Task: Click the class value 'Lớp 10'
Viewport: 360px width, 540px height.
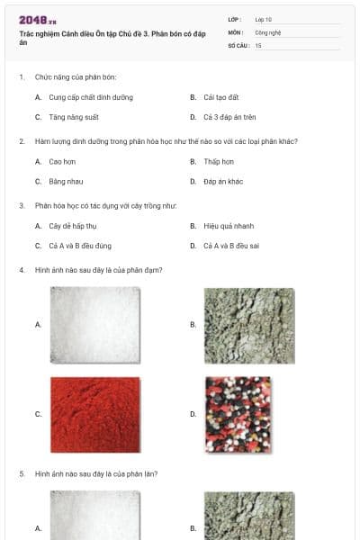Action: (x=264, y=19)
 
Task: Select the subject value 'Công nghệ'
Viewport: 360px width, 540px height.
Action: (x=268, y=31)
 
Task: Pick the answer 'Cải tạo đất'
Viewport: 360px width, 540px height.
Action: (x=220, y=97)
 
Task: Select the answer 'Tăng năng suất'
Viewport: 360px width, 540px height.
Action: (x=74, y=117)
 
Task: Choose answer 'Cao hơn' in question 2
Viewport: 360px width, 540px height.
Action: (x=62, y=161)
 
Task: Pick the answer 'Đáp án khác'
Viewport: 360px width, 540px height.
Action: (x=223, y=181)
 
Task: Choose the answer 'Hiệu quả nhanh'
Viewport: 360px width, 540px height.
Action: (x=229, y=226)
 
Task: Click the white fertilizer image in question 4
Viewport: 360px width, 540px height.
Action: (x=94, y=324)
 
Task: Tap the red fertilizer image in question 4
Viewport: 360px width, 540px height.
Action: (x=94, y=414)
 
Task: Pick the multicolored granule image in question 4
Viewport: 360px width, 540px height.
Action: (x=238, y=414)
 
